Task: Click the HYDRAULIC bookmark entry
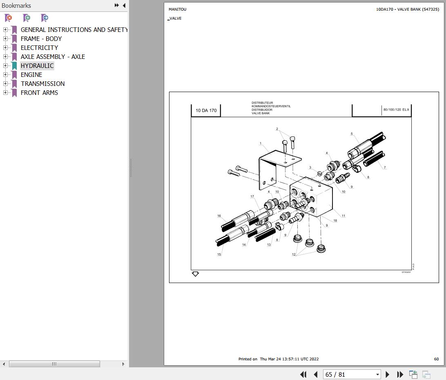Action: coord(37,66)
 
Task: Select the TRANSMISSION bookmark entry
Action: coord(42,84)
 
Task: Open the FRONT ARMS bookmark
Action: coord(39,93)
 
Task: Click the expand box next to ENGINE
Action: coord(5,75)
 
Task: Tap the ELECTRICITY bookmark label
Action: coord(39,48)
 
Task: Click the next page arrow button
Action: coord(388,374)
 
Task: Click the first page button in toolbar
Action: coord(303,374)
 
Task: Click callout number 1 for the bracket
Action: coord(261,144)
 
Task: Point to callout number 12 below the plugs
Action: coord(294,254)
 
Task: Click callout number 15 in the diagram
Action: coord(219,254)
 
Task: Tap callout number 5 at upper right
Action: coord(352,134)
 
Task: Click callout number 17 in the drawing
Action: coord(252,197)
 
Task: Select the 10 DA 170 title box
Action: coord(206,110)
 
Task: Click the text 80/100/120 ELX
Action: coord(396,110)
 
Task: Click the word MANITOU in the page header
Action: coord(177,9)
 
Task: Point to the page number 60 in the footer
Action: coord(436,359)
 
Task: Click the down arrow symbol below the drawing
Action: coord(195,274)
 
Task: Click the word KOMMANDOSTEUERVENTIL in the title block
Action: coord(271,106)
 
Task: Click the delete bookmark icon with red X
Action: coord(8,18)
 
